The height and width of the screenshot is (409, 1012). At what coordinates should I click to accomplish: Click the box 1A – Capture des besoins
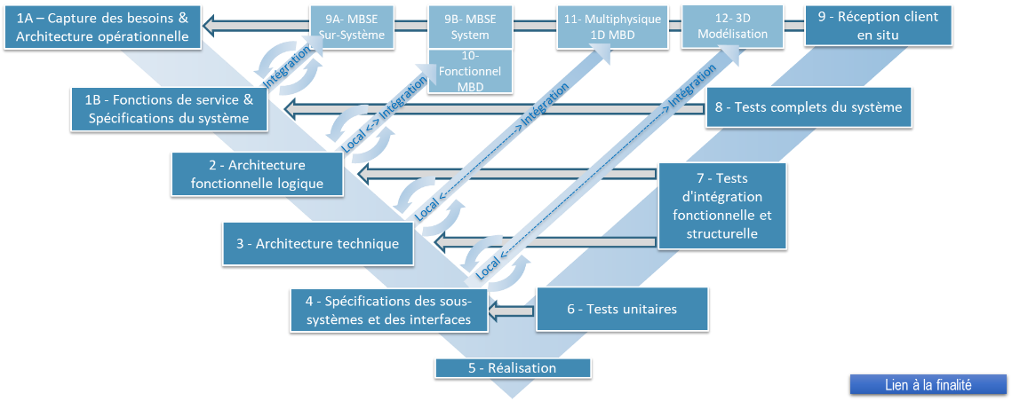101,26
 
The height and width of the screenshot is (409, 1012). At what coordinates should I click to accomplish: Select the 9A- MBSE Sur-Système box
350,27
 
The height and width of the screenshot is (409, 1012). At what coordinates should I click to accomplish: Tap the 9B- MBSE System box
470,27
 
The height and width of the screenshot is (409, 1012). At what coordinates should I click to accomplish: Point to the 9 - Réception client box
878,26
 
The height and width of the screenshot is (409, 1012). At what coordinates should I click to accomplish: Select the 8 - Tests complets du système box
809,107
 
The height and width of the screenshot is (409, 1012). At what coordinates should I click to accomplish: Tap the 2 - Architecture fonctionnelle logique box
256,174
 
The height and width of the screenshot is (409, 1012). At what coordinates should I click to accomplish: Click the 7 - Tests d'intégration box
721,205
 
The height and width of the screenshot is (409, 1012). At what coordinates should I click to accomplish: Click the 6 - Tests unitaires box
622,310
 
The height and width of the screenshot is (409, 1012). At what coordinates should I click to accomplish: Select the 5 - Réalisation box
512,368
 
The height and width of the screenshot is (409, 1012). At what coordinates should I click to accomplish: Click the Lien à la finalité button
928,385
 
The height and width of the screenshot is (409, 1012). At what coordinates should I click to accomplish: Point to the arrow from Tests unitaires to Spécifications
514,311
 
